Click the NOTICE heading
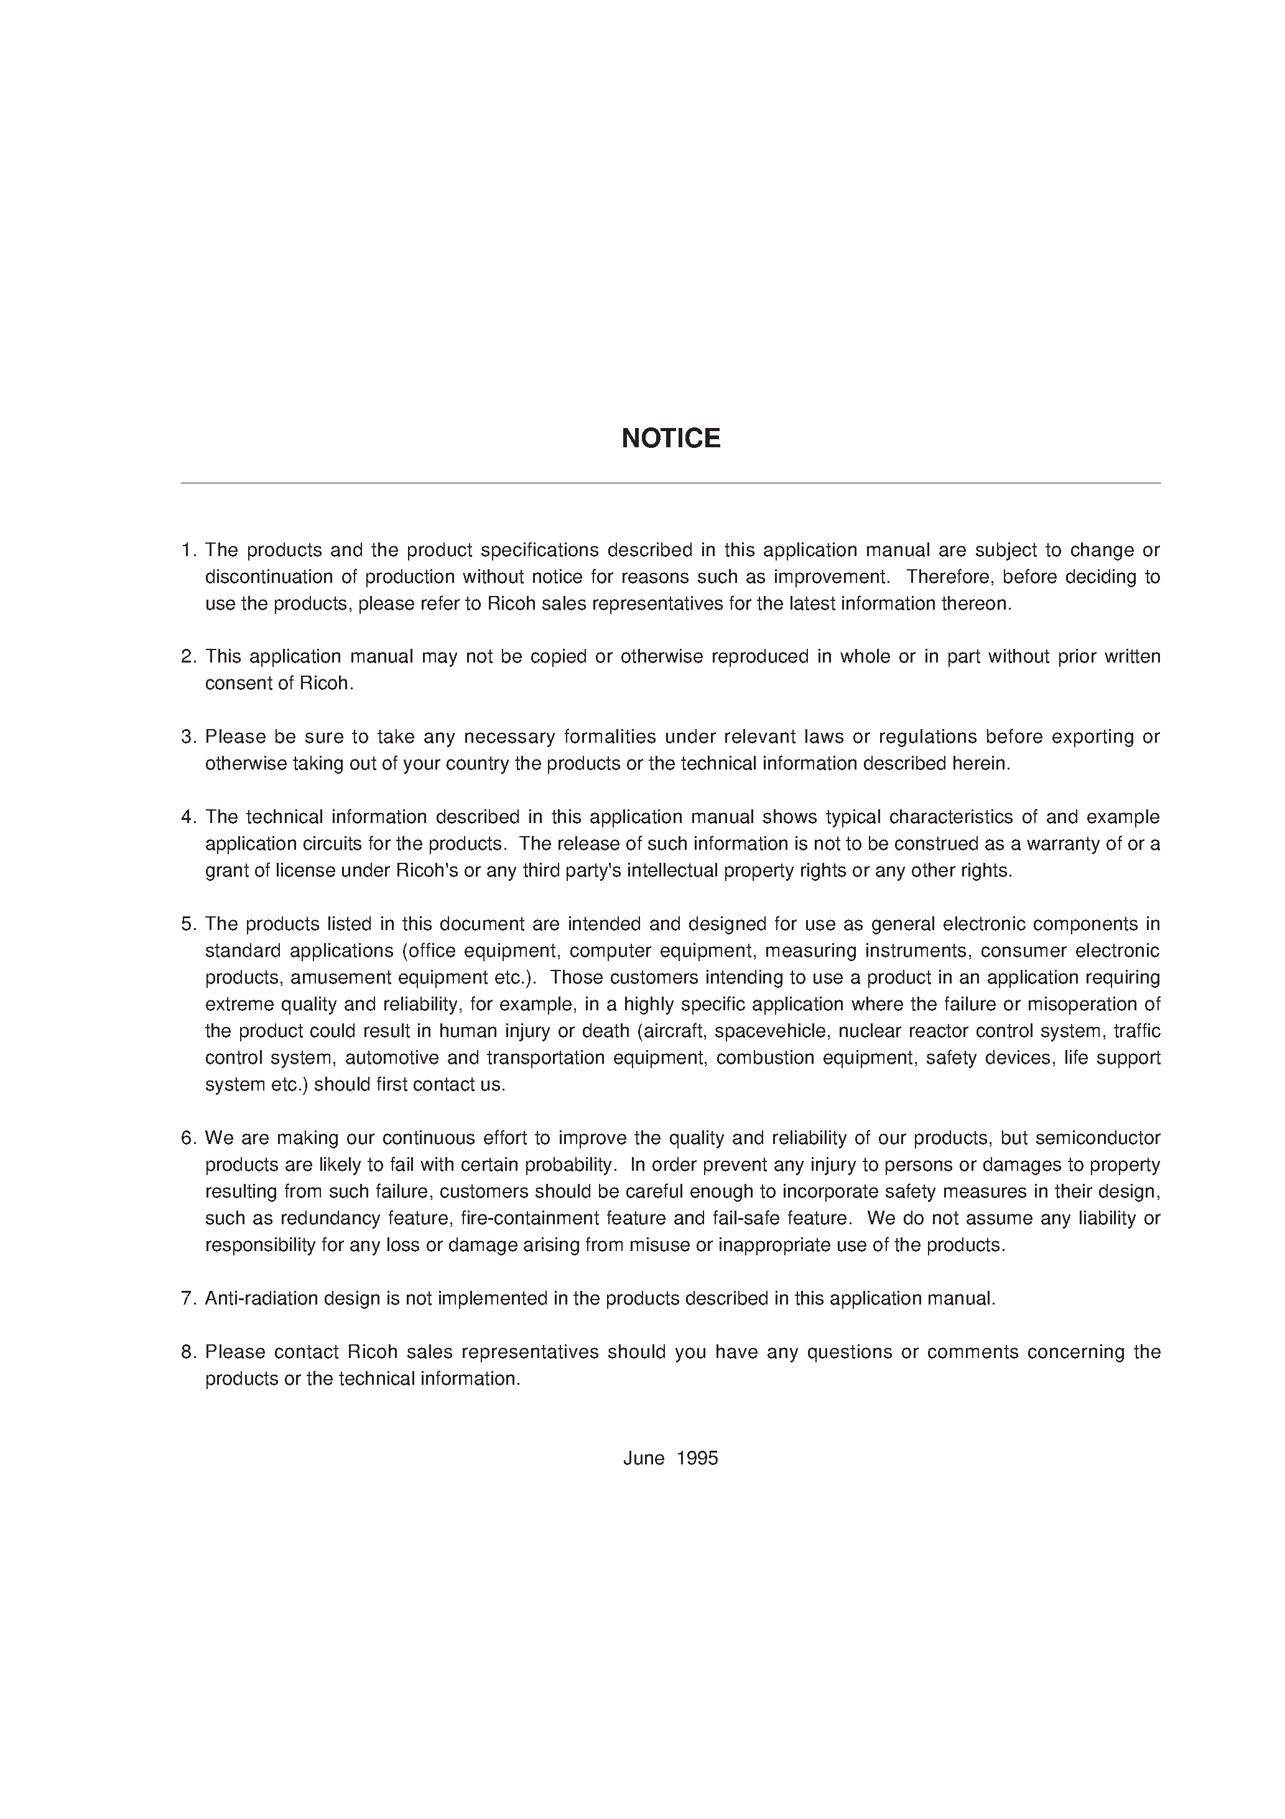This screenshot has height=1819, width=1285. [x=670, y=438]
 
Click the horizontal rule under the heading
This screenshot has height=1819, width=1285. [x=670, y=483]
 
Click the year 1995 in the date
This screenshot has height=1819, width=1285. [x=697, y=1459]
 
